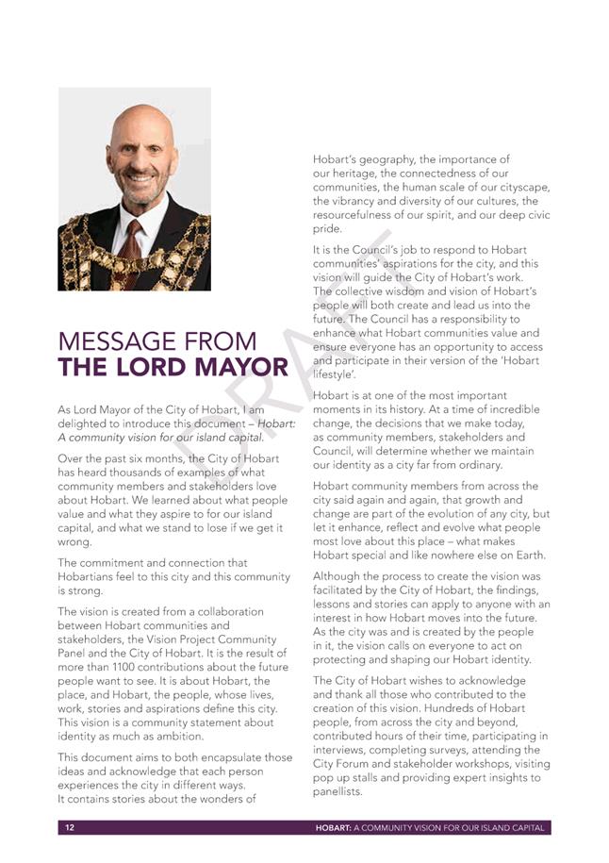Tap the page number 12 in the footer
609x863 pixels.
click(70, 827)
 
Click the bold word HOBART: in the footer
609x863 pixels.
click(334, 827)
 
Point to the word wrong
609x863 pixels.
click(74, 541)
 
